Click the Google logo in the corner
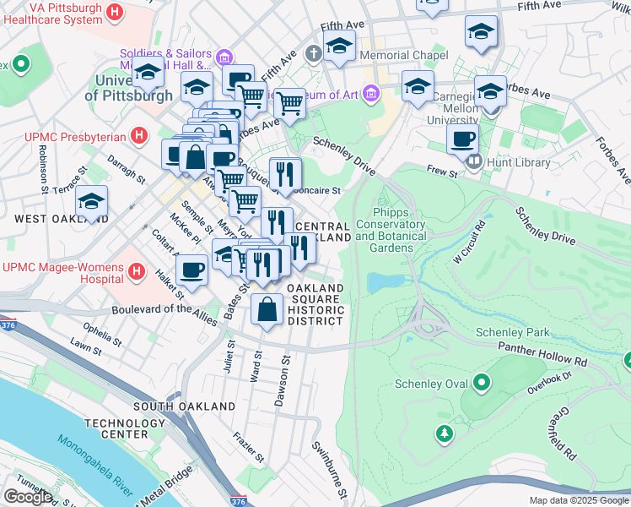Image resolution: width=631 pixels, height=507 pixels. tap(28, 496)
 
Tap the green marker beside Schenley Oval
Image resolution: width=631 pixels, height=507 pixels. tap(482, 385)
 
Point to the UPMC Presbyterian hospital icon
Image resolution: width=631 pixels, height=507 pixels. tap(140, 136)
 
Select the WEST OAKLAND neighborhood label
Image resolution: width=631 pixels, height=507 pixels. tap(49, 218)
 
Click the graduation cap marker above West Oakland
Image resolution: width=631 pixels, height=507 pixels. tap(91, 201)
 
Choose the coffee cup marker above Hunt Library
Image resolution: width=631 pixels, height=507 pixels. tap(461, 139)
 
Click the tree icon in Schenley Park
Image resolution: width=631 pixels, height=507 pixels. tap(444, 434)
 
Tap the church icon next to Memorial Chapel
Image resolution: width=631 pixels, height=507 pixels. tap(314, 56)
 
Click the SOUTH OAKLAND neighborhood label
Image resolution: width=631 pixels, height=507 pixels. tap(185, 406)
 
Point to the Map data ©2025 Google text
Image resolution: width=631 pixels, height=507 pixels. tap(578, 500)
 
